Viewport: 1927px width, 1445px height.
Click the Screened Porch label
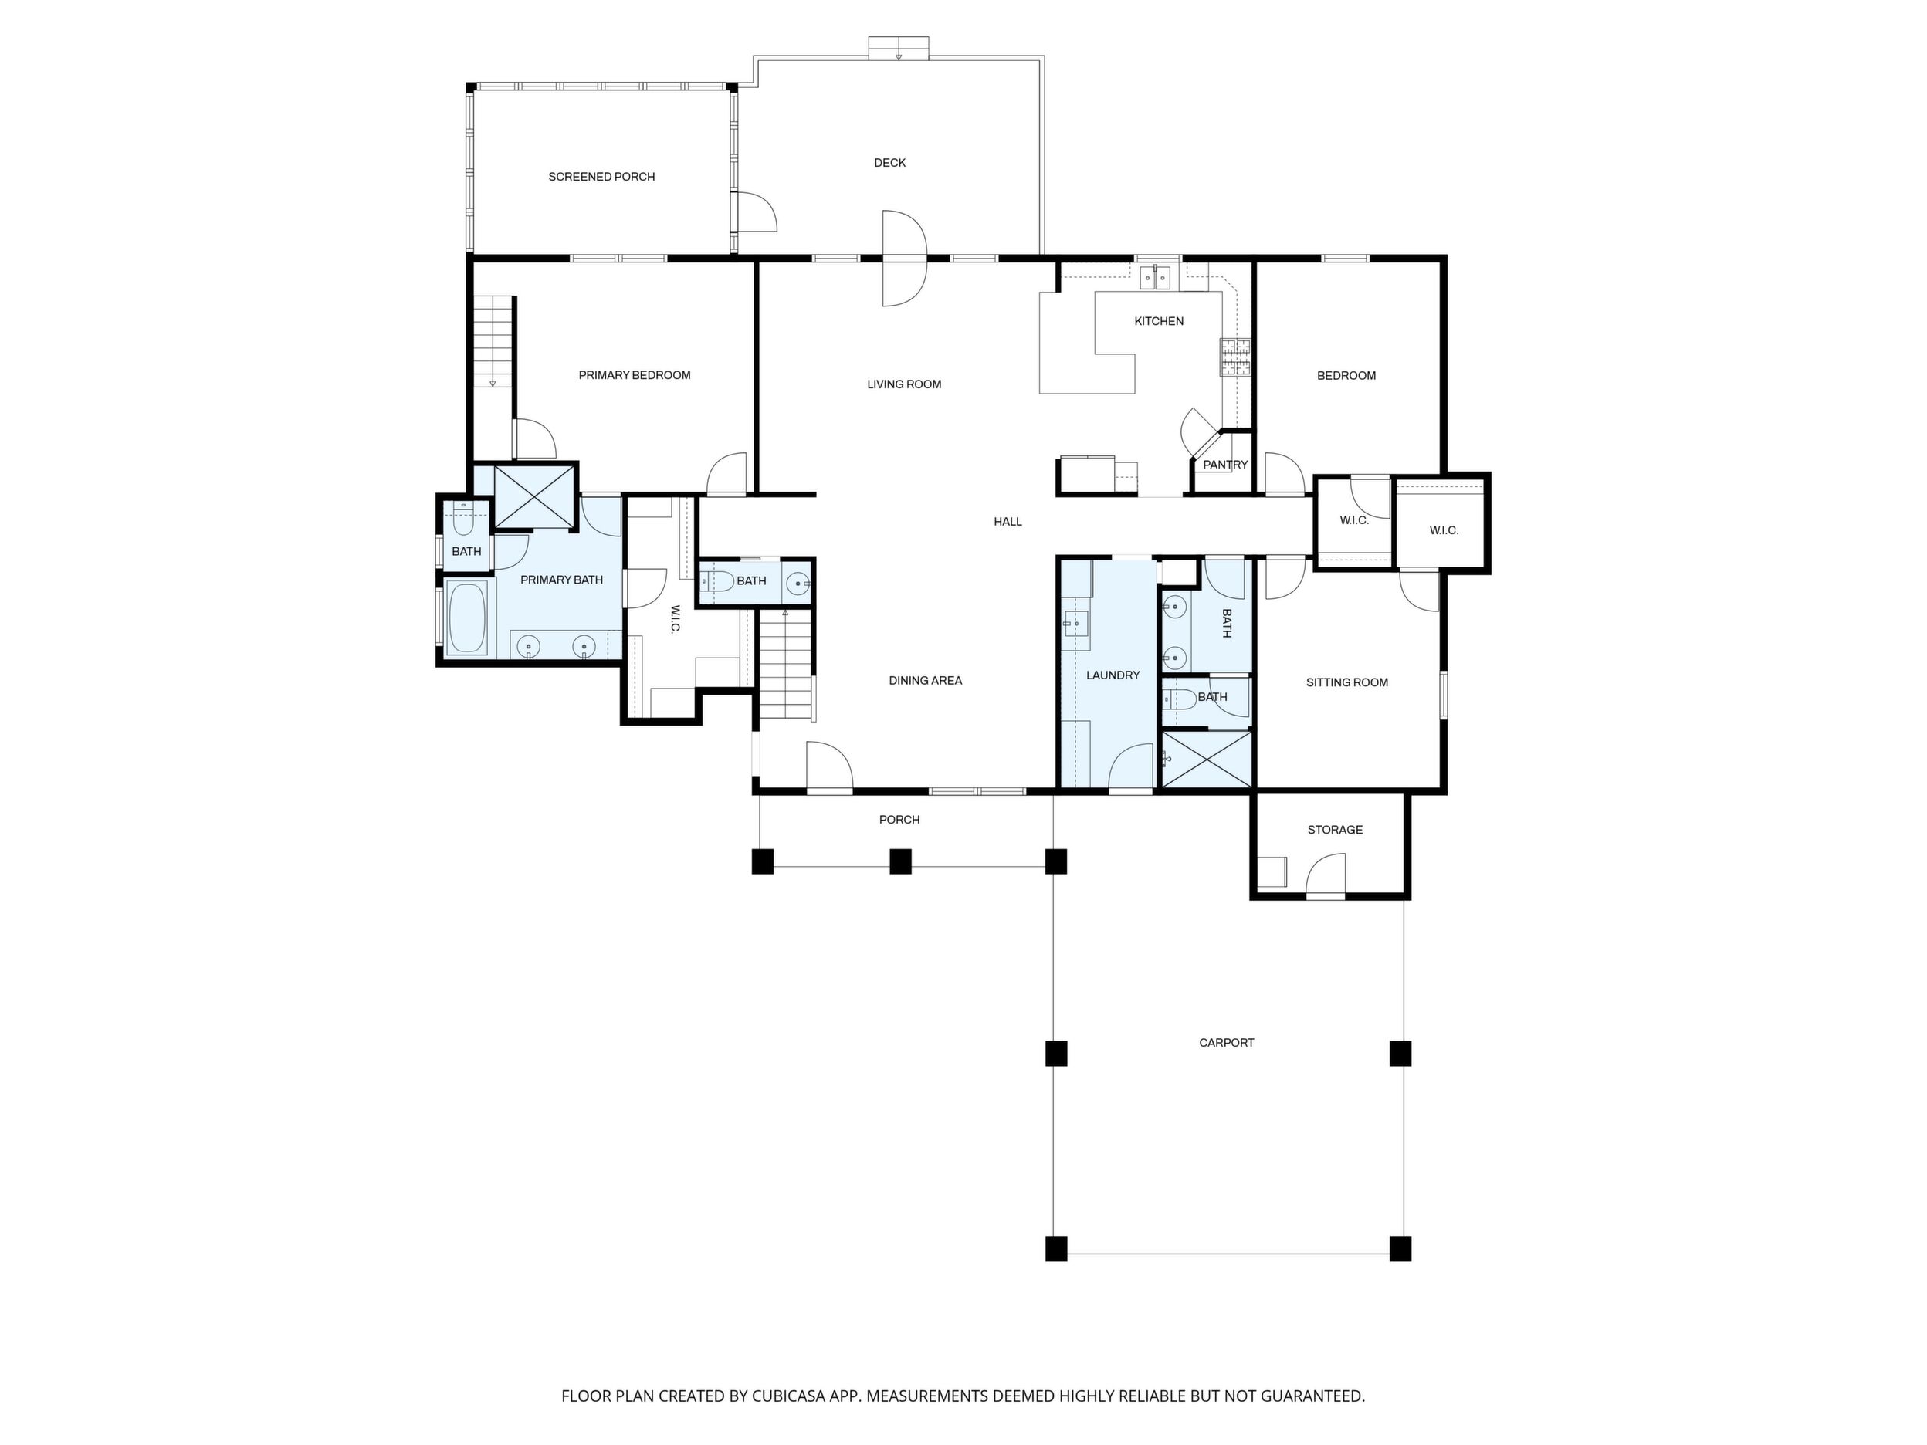click(x=601, y=177)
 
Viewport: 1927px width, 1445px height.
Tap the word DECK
click(x=889, y=163)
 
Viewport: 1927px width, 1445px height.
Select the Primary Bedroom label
click(x=634, y=375)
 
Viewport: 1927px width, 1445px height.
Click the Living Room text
click(x=904, y=384)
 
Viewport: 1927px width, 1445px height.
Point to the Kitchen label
click(x=1159, y=321)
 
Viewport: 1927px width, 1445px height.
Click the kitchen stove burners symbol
click(x=1235, y=357)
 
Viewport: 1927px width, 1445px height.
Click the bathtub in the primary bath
click(x=467, y=618)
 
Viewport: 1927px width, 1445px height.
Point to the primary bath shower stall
click(x=535, y=497)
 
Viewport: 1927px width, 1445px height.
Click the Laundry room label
click(x=1113, y=675)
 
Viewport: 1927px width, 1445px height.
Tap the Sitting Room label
click(x=1346, y=683)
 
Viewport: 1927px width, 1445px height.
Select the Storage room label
click(x=1335, y=830)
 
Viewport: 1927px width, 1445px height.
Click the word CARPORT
click(x=1227, y=1043)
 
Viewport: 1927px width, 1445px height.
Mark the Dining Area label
click(x=925, y=680)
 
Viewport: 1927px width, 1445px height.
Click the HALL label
click(x=1008, y=522)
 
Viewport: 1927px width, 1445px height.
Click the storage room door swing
click(x=1326, y=874)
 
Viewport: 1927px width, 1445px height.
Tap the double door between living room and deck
click(x=904, y=259)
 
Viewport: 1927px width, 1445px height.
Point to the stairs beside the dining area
click(x=787, y=665)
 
